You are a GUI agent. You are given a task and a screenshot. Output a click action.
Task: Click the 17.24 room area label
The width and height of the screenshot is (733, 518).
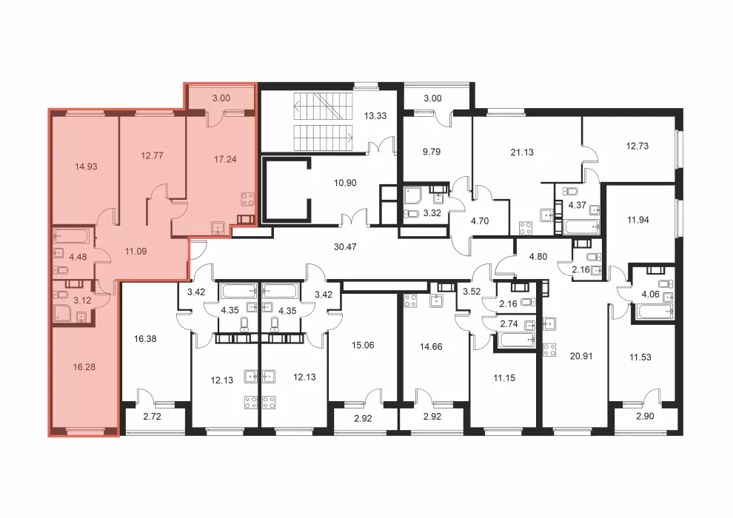coord(225,159)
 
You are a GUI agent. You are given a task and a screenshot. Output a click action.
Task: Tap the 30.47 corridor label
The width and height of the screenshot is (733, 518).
coord(345,246)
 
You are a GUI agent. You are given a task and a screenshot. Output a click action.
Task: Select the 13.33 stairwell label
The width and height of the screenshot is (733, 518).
coord(375,116)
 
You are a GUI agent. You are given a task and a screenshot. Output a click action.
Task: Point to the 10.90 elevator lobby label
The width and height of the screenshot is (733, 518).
coord(345,183)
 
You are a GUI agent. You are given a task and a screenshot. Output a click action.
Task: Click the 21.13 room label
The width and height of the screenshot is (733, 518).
coord(522,152)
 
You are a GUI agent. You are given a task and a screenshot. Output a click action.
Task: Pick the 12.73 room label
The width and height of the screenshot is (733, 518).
coord(637,146)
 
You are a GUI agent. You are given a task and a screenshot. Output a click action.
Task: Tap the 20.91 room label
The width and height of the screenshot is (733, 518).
coord(581,356)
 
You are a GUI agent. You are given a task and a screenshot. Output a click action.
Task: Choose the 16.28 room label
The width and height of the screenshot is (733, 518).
coord(84,367)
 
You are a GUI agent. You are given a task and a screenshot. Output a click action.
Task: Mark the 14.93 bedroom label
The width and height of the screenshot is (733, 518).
coord(86,166)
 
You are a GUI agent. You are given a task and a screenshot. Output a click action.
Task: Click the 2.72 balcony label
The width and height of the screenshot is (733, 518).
coord(152,417)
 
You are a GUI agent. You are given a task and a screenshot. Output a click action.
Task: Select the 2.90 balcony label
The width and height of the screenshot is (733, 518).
coord(645,417)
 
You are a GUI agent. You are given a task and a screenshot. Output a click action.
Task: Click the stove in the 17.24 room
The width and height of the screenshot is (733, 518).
coord(248,199)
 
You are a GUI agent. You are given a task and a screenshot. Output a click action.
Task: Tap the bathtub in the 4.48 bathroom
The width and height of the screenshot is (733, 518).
coord(71,236)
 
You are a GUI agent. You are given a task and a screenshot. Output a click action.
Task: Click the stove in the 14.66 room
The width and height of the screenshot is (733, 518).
coord(410,300)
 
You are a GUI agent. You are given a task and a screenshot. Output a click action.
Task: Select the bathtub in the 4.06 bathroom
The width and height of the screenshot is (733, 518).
coord(652,311)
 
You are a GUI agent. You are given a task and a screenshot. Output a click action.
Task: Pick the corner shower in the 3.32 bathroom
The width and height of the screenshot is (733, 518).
coord(414,196)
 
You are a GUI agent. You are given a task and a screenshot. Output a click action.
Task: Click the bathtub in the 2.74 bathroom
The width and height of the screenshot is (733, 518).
coord(517,340)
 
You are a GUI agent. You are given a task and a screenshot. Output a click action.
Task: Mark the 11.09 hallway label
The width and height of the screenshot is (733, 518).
coord(135,252)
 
